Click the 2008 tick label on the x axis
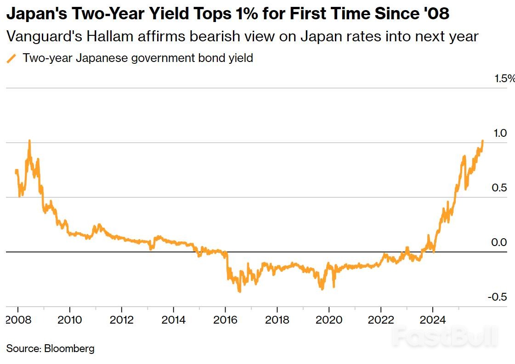pyautogui.click(x=17, y=320)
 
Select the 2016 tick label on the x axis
pyautogui.click(x=225, y=320)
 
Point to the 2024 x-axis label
pyautogui.click(x=433, y=320)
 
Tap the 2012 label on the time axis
pyautogui.click(x=121, y=320)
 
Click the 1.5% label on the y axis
pyautogui.click(x=504, y=79)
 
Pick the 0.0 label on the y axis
pyautogui.click(x=499, y=242)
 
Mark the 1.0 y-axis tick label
pyautogui.click(x=499, y=133)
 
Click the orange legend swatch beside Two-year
pyautogui.click(x=12, y=58)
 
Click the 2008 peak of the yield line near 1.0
pyautogui.click(x=29, y=141)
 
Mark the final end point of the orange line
pyautogui.click(x=483, y=141)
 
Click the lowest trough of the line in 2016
pyautogui.click(x=239, y=291)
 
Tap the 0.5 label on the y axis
pyautogui.click(x=499, y=188)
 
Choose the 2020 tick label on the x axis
pyautogui.click(x=329, y=320)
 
